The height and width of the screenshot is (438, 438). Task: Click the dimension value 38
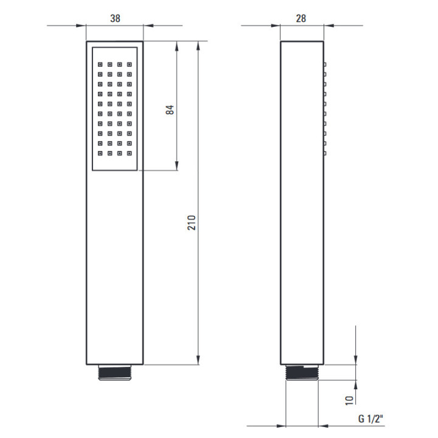(x=115, y=18)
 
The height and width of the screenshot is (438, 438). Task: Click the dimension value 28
(x=301, y=18)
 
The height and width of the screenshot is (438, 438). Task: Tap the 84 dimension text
(x=170, y=109)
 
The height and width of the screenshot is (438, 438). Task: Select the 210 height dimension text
(x=192, y=223)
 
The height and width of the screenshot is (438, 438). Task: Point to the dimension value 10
(x=349, y=400)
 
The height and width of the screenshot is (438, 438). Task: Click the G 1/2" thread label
(x=370, y=419)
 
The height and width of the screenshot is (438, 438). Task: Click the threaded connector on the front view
(x=115, y=372)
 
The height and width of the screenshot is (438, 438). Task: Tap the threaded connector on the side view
(x=302, y=372)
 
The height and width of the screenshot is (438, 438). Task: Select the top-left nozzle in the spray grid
(x=100, y=64)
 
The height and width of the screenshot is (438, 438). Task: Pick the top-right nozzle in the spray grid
(x=130, y=64)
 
